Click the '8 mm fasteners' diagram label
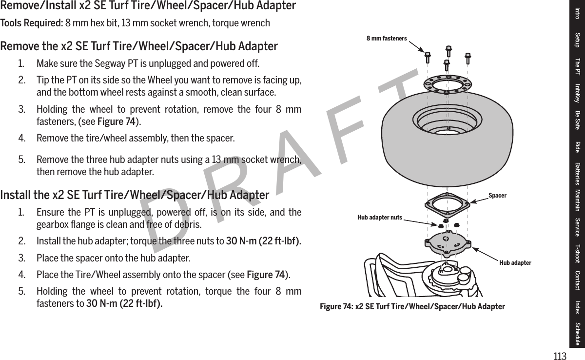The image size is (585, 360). pyautogui.click(x=387, y=38)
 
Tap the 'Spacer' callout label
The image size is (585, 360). pyautogui.click(x=497, y=196)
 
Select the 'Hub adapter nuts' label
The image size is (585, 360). pyautogui.click(x=380, y=217)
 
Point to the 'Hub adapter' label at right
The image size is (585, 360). pyautogui.click(x=515, y=263)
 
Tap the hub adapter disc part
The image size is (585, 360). pyautogui.click(x=446, y=244)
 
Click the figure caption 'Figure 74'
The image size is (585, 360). pyautogui.click(x=412, y=306)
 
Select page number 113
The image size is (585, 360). pyautogui.click(x=560, y=357)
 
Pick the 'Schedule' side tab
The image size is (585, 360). pyautogui.click(x=577, y=334)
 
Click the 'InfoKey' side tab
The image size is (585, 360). pyautogui.click(x=577, y=93)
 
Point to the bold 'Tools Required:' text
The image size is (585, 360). pyautogui.click(x=31, y=23)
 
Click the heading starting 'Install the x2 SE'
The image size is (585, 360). pyautogui.click(x=135, y=196)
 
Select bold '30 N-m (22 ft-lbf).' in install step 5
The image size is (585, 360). pyautogui.click(x=125, y=303)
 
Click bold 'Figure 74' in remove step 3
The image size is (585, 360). pyautogui.click(x=117, y=121)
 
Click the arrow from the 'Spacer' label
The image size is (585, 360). pyautogui.click(x=478, y=199)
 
